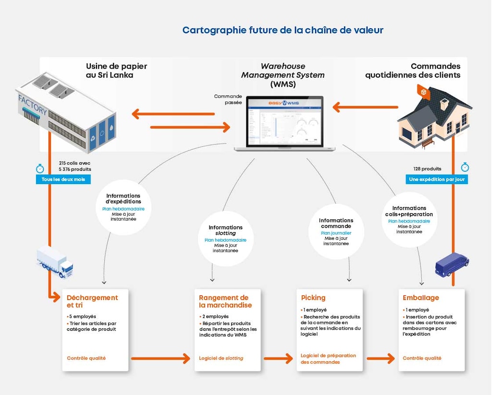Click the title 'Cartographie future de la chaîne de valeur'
pyautogui.click(x=283, y=30)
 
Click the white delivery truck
pyautogui.click(x=55, y=262)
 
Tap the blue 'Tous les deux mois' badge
pyautogui.click(x=63, y=179)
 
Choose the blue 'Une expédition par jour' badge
pyautogui.click(x=437, y=179)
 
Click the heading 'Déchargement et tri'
pyautogui.click(x=92, y=301)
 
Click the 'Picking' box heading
pyautogui.click(x=313, y=297)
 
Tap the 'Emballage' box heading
pyautogui.click(x=420, y=297)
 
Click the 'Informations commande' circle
pyautogui.click(x=336, y=232)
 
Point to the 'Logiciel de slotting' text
pyautogui.click(x=221, y=358)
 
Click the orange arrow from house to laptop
pyautogui.click(x=365, y=107)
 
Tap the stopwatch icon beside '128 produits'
pyautogui.click(x=465, y=167)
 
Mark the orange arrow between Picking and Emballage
pyautogui.click(x=381, y=358)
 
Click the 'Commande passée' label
pyautogui.click(x=228, y=99)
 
